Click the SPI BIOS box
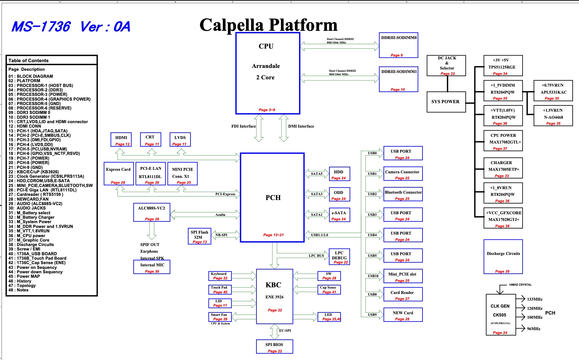[x=274, y=346]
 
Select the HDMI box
[x=121, y=140]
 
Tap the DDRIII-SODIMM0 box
[x=398, y=45]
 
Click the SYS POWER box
[x=446, y=102]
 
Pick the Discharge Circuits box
[x=503, y=257]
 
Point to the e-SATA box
[x=339, y=216]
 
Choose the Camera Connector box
[x=403, y=174]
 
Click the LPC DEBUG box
[x=339, y=257]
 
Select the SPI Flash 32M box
[x=199, y=236]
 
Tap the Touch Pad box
[x=220, y=290]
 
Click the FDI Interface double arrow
[x=259, y=128]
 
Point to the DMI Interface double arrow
[x=283, y=128]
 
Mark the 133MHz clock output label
[x=535, y=299]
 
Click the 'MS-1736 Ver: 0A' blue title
[x=71, y=27]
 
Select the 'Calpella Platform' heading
[x=268, y=25]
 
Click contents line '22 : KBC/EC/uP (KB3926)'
[x=34, y=172]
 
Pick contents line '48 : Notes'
[x=18, y=290]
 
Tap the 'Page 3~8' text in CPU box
[x=267, y=110]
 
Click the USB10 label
[x=373, y=276]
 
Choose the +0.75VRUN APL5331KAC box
[x=553, y=91]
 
